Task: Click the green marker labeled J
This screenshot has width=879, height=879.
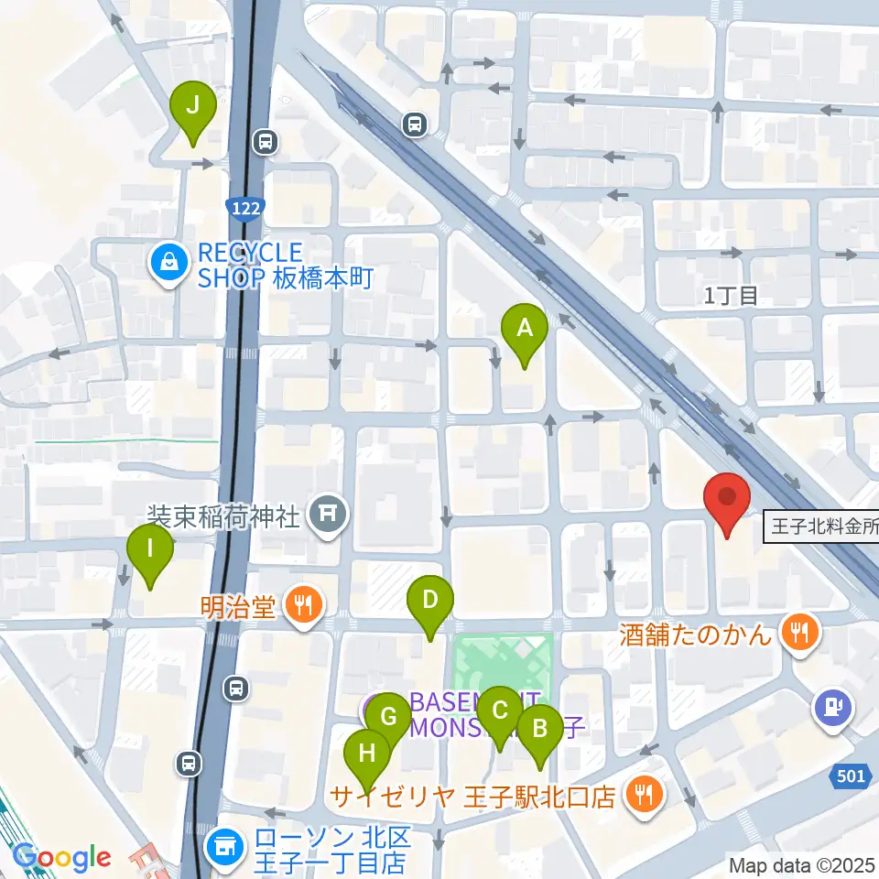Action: click(192, 106)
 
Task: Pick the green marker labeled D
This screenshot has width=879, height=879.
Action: click(430, 602)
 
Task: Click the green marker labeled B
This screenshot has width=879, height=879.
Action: click(540, 730)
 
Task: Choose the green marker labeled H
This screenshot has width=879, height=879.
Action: click(367, 754)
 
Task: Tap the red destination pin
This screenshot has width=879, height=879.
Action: click(727, 500)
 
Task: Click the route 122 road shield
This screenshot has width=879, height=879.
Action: click(246, 209)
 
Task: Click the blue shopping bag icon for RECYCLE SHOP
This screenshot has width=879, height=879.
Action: click(170, 263)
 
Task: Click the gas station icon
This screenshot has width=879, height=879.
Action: click(833, 708)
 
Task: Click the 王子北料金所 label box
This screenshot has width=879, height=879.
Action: click(820, 528)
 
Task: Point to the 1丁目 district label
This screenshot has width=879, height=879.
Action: click(732, 295)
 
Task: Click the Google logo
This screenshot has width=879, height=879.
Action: click(62, 857)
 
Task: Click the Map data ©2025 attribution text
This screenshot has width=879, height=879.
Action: click(801, 864)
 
